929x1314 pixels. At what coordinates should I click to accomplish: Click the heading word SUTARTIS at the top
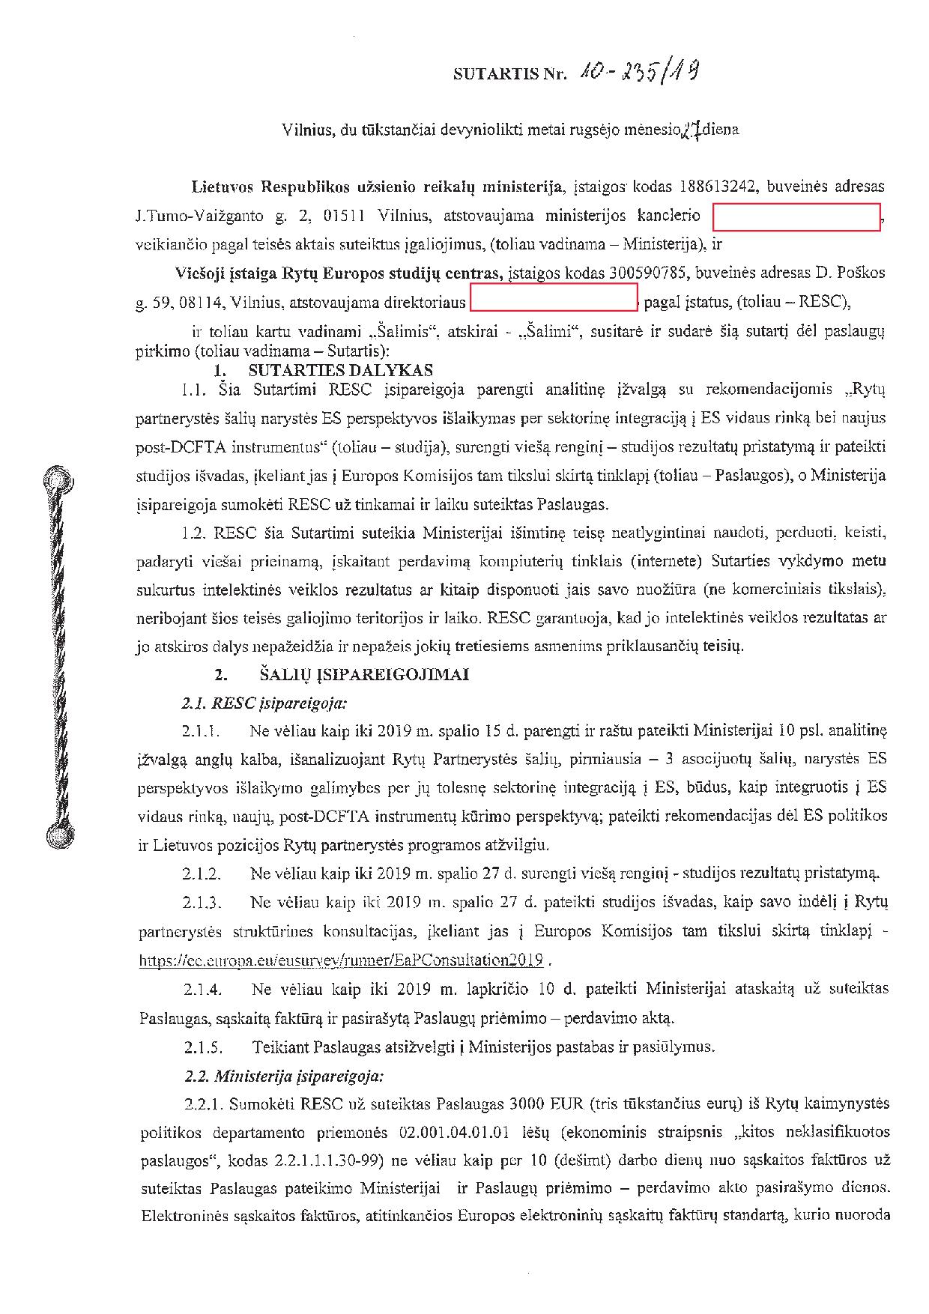point(488,74)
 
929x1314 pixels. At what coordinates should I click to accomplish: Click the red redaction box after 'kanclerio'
point(796,217)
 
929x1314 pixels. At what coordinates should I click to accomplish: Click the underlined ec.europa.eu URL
point(341,960)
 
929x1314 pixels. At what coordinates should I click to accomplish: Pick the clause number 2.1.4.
point(202,990)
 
